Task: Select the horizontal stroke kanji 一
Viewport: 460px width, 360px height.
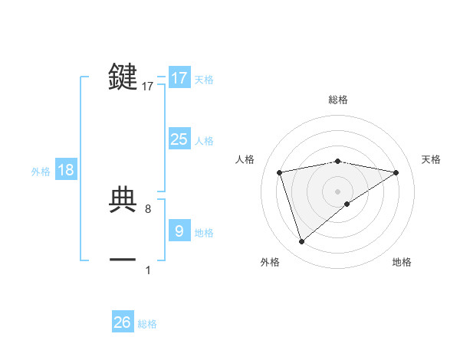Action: click(123, 260)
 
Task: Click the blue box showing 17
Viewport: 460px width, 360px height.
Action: click(179, 78)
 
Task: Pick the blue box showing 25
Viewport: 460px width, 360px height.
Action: click(179, 139)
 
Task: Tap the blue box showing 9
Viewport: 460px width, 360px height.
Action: click(179, 231)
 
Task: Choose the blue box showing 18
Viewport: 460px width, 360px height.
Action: click(66, 170)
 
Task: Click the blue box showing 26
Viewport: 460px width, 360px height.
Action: click(123, 322)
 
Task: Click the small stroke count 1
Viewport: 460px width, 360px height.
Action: click(148, 270)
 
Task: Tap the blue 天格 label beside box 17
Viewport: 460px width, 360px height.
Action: click(204, 80)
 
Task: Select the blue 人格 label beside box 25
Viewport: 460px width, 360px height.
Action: click(204, 141)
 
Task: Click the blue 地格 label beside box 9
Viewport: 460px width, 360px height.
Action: click(204, 233)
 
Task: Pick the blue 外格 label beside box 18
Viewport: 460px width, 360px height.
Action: click(41, 172)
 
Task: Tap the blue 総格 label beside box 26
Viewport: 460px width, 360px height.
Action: click(147, 324)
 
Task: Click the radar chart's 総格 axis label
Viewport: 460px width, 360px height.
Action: click(338, 100)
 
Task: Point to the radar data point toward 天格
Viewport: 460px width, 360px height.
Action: click(396, 172)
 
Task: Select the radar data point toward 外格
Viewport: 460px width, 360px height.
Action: click(302, 241)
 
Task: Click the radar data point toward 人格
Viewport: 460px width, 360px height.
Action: click(280, 172)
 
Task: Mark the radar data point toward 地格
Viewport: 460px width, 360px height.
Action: click(347, 204)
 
